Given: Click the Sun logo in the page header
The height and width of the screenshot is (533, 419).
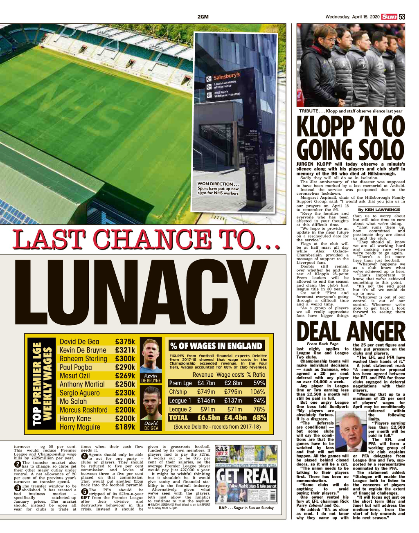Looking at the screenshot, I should click(x=389, y=17).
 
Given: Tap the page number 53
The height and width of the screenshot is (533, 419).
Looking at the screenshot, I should click(x=402, y=17).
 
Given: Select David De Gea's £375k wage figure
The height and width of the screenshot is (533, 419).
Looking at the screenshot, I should click(x=125, y=342).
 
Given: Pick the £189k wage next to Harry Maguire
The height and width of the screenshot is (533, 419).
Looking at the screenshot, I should click(x=125, y=427).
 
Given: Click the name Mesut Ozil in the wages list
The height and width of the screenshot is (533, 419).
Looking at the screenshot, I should click(x=74, y=376).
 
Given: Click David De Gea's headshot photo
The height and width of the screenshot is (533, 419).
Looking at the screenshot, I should click(x=151, y=405).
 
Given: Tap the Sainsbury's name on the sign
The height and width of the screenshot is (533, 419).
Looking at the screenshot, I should click(x=227, y=77).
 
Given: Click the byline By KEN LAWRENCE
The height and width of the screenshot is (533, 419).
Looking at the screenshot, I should click(x=378, y=209).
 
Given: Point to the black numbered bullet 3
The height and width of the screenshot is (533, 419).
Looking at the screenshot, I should click(x=17, y=488).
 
